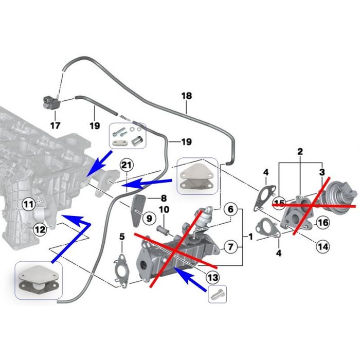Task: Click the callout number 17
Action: [x=55, y=125]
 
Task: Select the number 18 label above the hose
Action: [x=186, y=96]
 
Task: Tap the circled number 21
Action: [x=126, y=165]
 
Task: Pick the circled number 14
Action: [x=322, y=246]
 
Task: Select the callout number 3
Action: [x=322, y=171]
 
